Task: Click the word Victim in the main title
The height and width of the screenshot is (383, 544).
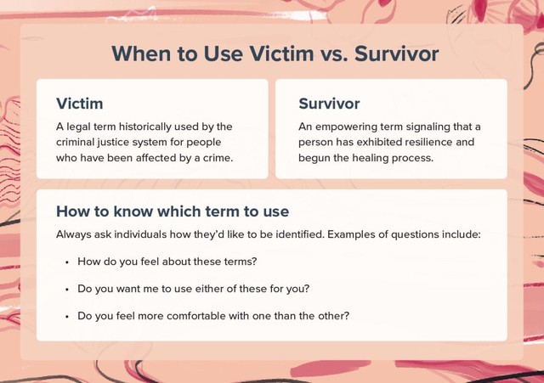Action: click(x=281, y=54)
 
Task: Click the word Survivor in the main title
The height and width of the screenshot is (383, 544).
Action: click(x=397, y=54)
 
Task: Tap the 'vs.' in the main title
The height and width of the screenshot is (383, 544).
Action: click(x=334, y=55)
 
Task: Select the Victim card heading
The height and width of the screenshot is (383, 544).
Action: click(x=79, y=104)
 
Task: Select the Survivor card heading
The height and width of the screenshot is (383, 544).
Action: click(x=329, y=104)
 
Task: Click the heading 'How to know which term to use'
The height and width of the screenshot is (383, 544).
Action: click(x=173, y=211)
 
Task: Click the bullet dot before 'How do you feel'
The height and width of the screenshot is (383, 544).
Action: click(x=67, y=262)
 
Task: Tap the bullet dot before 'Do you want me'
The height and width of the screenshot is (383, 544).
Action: click(x=67, y=290)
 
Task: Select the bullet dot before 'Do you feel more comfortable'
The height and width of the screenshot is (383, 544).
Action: click(x=67, y=317)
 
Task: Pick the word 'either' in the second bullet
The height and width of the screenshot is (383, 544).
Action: click(x=209, y=289)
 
